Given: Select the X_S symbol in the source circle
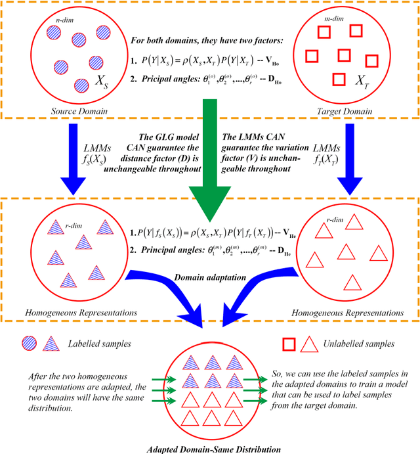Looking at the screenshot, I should pos(102,83).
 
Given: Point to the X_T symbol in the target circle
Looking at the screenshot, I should pos(361,81).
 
